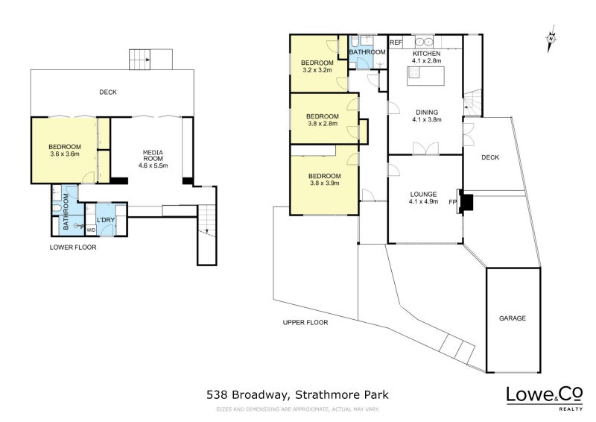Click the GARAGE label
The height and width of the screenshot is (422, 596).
click(512, 318)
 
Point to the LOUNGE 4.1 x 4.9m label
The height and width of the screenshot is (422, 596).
click(425, 197)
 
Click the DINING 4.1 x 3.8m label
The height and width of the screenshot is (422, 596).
click(426, 116)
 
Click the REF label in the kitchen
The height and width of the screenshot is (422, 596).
click(396, 42)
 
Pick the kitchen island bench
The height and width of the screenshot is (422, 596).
click(427, 75)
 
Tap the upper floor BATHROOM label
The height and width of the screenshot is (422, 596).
click(367, 52)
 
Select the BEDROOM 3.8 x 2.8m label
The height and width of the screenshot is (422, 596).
click(322, 120)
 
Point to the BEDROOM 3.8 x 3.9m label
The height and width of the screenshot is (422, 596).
click(324, 180)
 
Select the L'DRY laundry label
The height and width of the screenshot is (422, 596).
click(106, 219)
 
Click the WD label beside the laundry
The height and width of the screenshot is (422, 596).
click(91, 230)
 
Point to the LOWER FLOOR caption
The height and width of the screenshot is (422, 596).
click(72, 247)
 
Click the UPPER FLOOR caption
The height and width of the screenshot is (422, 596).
click(305, 322)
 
